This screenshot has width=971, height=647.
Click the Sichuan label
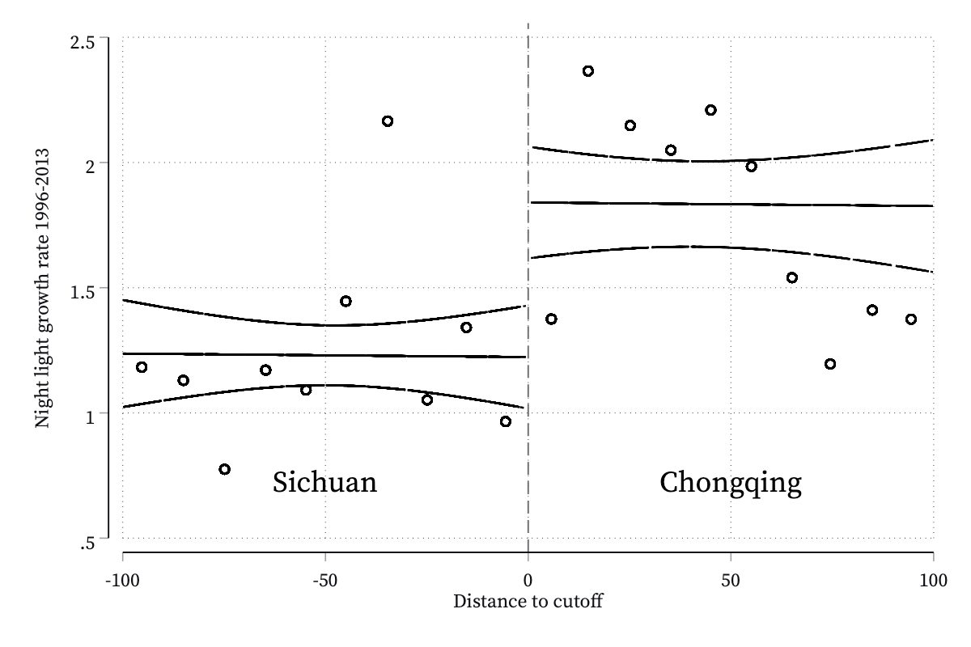(x=324, y=482)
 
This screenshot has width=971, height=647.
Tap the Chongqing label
(x=731, y=483)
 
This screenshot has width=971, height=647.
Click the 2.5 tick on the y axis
(x=83, y=43)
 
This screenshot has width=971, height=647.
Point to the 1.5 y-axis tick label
(x=83, y=293)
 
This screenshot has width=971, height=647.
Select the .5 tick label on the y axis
(x=87, y=543)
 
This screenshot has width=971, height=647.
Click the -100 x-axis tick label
(x=123, y=580)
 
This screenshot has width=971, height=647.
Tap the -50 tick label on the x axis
(x=325, y=580)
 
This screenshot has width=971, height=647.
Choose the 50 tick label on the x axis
(x=731, y=580)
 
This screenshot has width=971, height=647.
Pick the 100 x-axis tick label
(x=933, y=580)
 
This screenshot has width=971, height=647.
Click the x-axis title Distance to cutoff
(x=528, y=602)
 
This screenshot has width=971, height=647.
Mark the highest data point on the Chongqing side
(x=587, y=71)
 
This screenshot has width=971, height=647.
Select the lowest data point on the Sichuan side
(x=225, y=469)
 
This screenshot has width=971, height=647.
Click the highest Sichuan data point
(x=388, y=121)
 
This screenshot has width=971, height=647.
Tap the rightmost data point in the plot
(x=911, y=319)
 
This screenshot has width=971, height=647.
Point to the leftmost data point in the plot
(x=142, y=367)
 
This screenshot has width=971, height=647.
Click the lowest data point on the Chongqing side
(x=830, y=364)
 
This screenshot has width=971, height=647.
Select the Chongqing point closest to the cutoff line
(x=551, y=319)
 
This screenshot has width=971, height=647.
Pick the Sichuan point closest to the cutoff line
(x=506, y=421)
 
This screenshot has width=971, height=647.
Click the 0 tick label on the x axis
(x=528, y=580)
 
